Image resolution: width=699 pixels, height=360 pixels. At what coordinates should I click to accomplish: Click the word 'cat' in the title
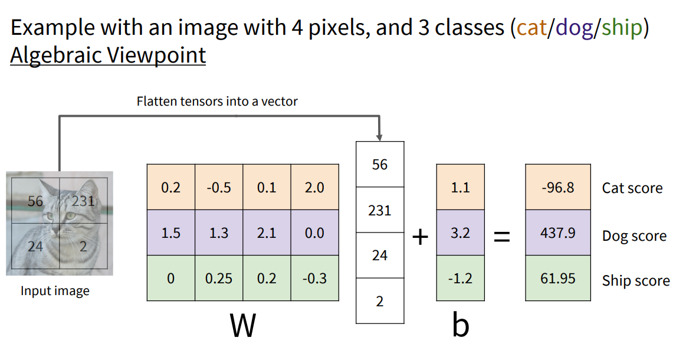coord(531,28)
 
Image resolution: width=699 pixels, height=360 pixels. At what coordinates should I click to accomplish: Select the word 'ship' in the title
coord(622,28)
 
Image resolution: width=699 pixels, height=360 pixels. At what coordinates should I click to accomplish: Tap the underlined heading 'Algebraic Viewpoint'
coord(108,55)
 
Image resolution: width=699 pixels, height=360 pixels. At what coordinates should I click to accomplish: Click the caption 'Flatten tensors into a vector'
coord(217,101)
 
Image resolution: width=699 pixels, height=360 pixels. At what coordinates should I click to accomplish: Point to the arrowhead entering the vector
coord(379,136)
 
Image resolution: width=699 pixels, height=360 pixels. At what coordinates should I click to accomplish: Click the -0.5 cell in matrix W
coord(219,188)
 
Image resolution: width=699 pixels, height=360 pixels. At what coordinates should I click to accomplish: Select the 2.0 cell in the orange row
coord(314,188)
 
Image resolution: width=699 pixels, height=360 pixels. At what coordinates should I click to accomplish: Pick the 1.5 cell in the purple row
coord(170,233)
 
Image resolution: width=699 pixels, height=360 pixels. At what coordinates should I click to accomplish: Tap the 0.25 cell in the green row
coord(219,278)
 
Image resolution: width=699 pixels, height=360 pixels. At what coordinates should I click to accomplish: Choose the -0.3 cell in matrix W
coord(314,278)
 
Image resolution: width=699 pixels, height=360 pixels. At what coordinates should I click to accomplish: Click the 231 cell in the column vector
coord(379,210)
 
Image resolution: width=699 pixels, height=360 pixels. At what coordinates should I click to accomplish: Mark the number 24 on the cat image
coord(35,246)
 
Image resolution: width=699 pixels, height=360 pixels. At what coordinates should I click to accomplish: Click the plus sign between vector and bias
coord(419,237)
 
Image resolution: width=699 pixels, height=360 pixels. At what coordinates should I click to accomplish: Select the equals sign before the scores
coord(501,237)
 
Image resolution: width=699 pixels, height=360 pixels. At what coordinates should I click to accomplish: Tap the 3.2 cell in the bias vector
coord(460,233)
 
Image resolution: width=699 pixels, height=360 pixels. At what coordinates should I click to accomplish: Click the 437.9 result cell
coord(557,233)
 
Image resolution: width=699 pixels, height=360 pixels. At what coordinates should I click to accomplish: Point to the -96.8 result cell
coord(557,188)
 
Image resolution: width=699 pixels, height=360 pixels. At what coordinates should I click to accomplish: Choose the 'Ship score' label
coord(635,281)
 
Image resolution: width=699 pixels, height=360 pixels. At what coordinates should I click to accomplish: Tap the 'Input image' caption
coord(55,291)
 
